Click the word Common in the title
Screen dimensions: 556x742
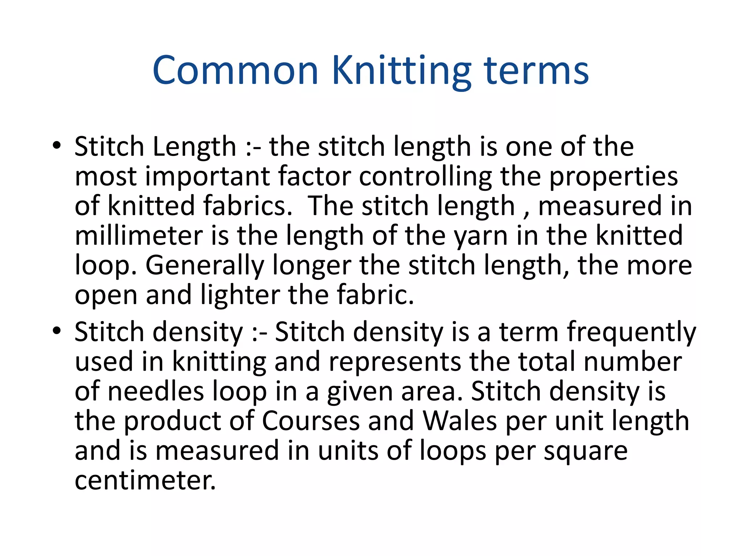coord(235,70)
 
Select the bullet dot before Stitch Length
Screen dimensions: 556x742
coord(57,146)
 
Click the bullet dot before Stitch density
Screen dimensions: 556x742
coord(57,331)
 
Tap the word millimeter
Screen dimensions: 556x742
coord(138,236)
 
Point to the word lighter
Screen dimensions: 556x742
coord(240,295)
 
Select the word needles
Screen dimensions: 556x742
coord(156,391)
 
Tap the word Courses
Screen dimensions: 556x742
coord(310,421)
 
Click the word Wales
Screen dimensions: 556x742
coord(460,421)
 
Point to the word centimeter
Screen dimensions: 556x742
coord(145,480)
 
